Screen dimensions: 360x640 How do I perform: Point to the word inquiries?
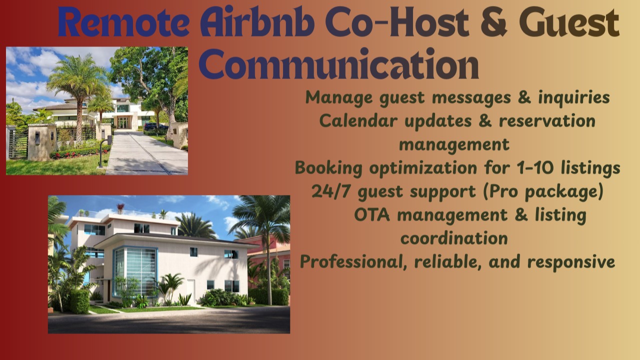pyautogui.click(x=574, y=97)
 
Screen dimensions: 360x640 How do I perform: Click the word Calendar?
pyautogui.click(x=356, y=121)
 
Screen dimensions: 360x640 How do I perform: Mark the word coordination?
pyautogui.click(x=454, y=238)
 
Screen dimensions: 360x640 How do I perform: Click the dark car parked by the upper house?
pyautogui.click(x=155, y=126)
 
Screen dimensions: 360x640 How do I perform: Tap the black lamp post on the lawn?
pyautogui.click(x=102, y=152)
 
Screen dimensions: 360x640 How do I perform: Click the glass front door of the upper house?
pyautogui.click(x=122, y=122)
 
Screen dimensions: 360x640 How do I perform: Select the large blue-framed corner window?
pyautogui.click(x=134, y=270)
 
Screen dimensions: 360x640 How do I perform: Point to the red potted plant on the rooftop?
pyautogui.click(x=120, y=207)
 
